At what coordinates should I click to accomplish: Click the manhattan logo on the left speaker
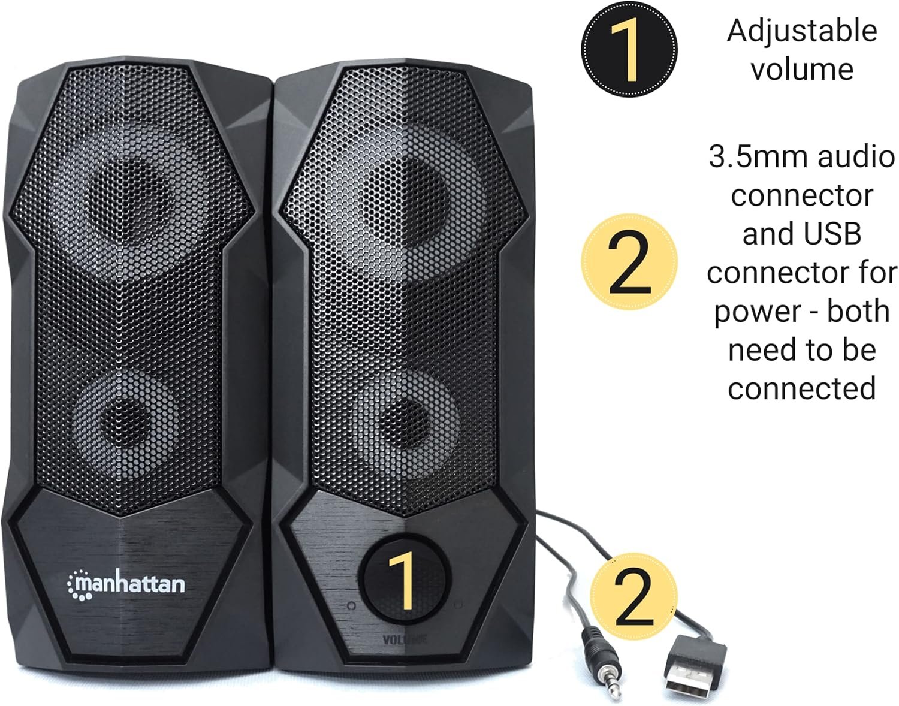(126, 584)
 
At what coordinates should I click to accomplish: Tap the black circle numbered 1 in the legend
(629, 49)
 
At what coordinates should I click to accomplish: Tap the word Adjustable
(802, 31)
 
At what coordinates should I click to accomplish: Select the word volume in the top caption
(802, 69)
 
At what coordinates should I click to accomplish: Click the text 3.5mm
(759, 157)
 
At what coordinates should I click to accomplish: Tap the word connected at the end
(802, 388)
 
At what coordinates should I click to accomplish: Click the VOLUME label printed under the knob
(404, 640)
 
